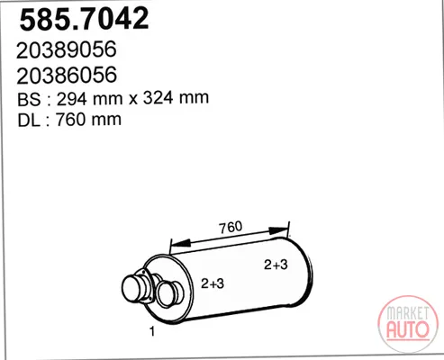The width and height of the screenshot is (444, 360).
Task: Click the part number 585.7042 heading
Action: click(84, 19)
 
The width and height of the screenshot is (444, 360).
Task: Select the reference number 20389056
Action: click(67, 49)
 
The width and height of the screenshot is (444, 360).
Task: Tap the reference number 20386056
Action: click(67, 76)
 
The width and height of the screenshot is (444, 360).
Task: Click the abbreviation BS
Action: click(29, 99)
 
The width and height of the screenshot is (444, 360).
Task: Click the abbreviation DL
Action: click(29, 120)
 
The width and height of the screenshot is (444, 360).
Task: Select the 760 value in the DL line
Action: click(70, 120)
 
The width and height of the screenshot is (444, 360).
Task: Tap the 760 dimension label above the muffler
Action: click(231, 228)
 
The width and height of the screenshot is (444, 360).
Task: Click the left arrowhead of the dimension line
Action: click(180, 243)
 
